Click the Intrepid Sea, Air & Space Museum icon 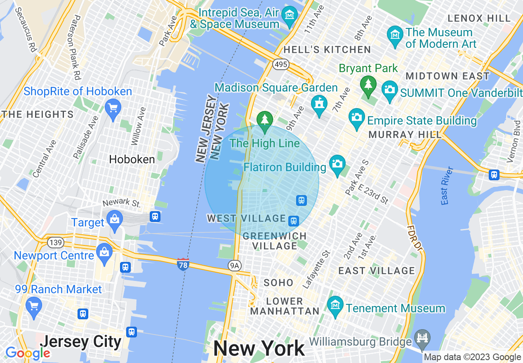pos(290,14)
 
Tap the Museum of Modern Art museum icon pos(395,34)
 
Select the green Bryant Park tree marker pos(367,84)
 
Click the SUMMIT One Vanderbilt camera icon pos(389,89)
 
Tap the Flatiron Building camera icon pos(337,163)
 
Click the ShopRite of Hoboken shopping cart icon pos(113,108)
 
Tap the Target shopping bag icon pos(114,219)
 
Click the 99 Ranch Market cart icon pos(34,306)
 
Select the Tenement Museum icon pos(335,305)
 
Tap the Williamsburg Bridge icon pos(422,337)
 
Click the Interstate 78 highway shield pos(184,264)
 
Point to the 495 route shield pos(280,64)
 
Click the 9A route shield pos(234,265)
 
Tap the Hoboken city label pos(132,160)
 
